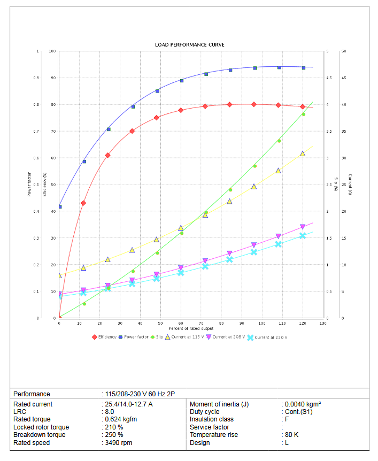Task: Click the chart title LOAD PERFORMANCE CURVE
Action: point(189,44)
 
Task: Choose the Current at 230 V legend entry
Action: point(270,337)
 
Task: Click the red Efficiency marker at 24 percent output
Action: point(107,155)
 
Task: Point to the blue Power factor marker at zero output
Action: point(60,206)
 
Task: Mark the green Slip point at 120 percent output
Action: point(303,114)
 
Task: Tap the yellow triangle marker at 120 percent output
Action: point(303,153)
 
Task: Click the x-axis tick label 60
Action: point(181,323)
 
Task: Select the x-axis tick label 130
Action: point(322,323)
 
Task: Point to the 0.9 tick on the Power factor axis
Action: point(36,78)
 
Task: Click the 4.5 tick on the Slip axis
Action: point(329,78)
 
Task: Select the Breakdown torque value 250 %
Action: point(114,435)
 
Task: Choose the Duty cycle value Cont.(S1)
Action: point(298,412)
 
